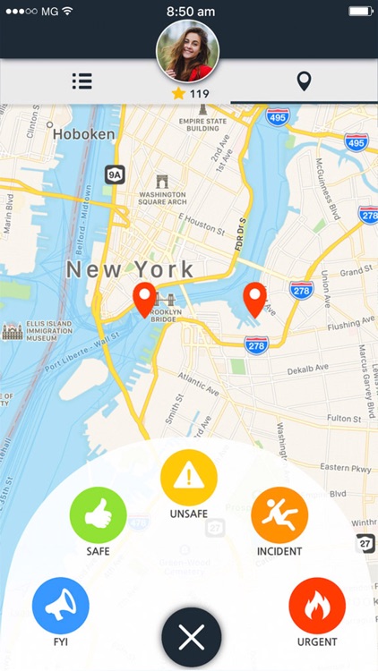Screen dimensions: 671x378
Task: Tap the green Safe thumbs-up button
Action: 98,515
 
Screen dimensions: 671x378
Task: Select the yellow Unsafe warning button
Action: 188,478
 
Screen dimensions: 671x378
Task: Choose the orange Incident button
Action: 279,515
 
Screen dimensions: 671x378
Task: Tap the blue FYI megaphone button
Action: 60,606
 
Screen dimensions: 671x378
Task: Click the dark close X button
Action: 191,637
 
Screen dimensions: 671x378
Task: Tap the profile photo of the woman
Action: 188,50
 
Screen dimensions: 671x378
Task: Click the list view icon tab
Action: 82,81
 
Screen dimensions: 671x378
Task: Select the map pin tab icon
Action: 304,81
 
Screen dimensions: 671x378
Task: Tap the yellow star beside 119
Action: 177,94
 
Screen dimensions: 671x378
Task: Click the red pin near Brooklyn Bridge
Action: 143,299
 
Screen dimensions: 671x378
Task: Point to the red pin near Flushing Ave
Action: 255,299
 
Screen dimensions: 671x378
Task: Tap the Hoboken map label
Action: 83,134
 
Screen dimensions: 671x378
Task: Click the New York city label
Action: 130,268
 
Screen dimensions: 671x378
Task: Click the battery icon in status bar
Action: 360,12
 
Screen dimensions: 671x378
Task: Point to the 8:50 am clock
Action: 190,12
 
